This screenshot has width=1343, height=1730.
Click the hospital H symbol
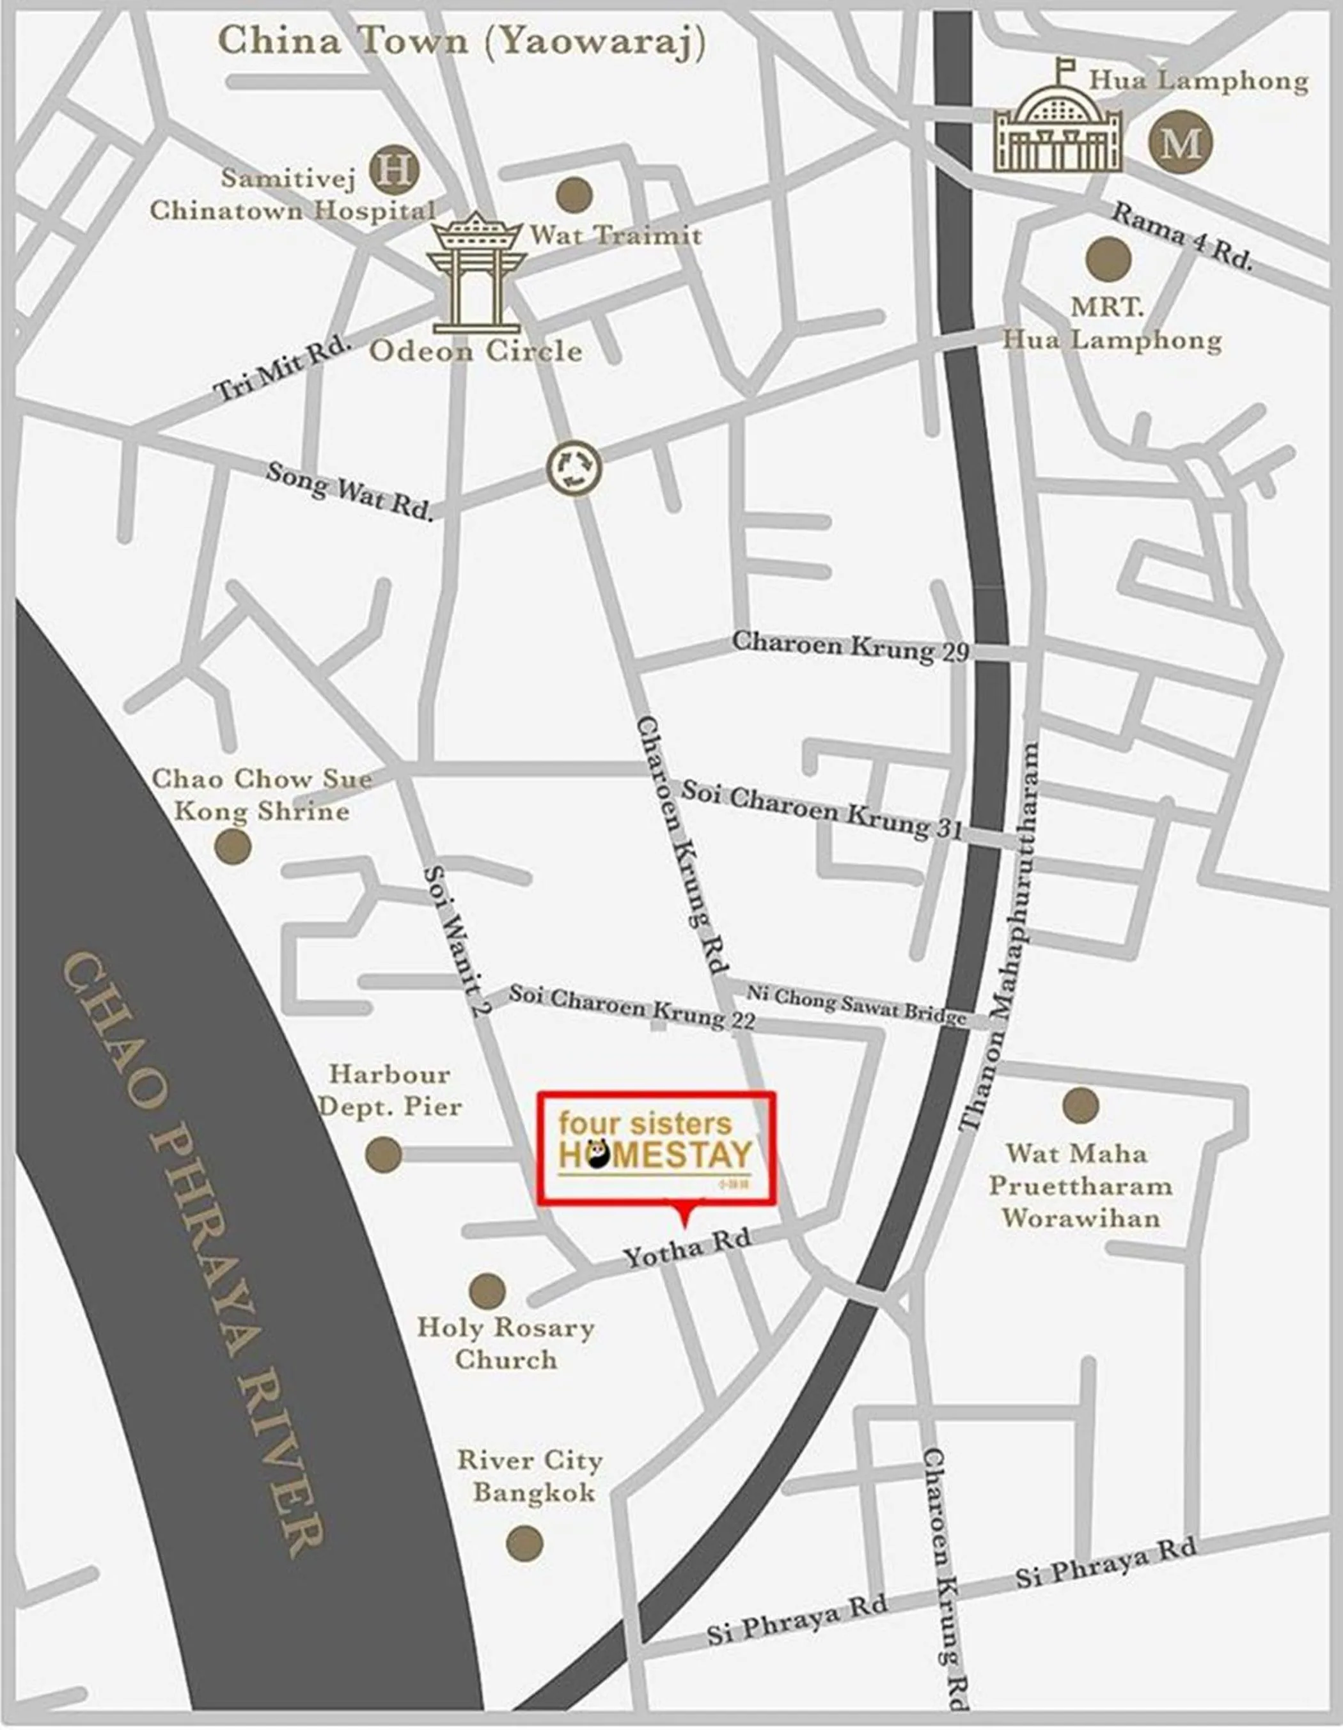point(394,170)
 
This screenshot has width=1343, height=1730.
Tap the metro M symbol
point(1181,143)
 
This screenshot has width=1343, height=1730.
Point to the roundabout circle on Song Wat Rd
point(574,468)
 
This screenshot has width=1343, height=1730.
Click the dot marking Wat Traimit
point(574,195)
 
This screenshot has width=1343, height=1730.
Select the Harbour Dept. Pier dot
point(384,1154)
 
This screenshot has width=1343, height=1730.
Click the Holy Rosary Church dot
point(487,1291)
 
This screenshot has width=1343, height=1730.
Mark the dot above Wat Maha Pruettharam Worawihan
point(1080,1105)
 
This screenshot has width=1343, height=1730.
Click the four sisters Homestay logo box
point(656,1149)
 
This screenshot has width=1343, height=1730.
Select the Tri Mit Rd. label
point(283,367)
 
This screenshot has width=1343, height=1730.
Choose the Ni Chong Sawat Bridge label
point(856,1004)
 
